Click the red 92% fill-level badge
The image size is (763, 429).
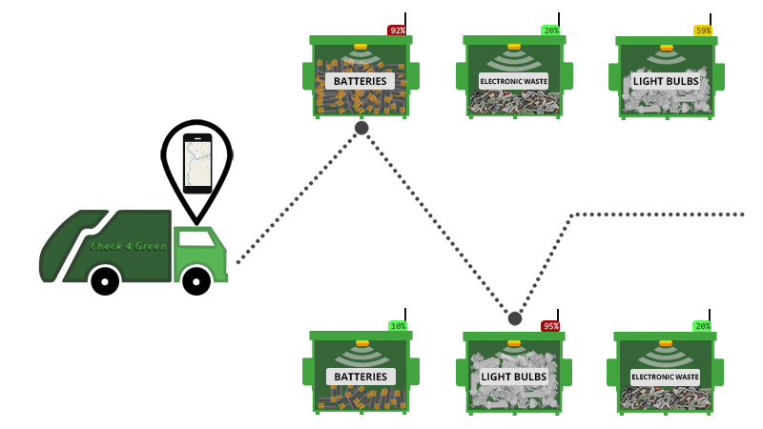(x=397, y=31)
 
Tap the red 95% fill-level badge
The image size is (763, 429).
(x=550, y=326)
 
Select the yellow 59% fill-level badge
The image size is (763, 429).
(x=703, y=31)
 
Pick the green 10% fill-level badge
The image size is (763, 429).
(x=398, y=326)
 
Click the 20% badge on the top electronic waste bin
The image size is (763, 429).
(x=550, y=31)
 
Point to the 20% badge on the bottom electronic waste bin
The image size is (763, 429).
(x=702, y=326)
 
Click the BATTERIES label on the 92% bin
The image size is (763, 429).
(x=361, y=81)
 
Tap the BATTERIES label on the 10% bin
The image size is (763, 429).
(x=361, y=377)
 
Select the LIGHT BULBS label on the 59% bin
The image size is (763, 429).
(x=666, y=81)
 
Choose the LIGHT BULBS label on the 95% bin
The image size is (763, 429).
(x=513, y=377)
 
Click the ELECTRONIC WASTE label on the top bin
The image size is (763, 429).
(x=513, y=81)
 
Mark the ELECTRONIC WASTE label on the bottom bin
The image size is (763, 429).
(x=665, y=377)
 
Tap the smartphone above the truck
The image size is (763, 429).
(x=197, y=163)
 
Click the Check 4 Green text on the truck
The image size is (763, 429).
(x=128, y=246)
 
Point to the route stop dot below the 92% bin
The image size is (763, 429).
(x=361, y=128)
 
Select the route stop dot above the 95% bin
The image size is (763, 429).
(x=515, y=318)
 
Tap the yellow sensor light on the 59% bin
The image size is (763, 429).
(x=667, y=47)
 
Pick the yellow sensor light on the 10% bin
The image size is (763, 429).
(x=361, y=342)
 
